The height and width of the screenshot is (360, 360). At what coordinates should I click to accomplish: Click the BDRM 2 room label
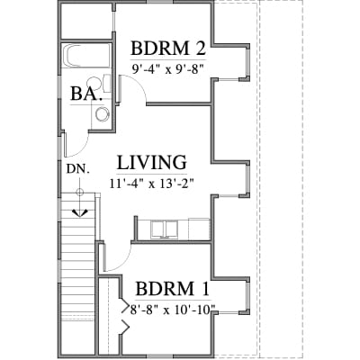click(x=168, y=49)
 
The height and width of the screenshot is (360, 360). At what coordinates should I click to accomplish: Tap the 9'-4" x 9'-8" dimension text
click(x=168, y=69)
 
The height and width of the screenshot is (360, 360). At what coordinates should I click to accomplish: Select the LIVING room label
click(x=151, y=163)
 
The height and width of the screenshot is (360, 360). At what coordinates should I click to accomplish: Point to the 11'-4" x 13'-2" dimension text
click(x=150, y=183)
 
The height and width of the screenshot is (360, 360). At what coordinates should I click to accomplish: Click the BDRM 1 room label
click(x=172, y=289)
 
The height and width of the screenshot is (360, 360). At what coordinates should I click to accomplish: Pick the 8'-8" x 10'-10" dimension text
click(x=173, y=310)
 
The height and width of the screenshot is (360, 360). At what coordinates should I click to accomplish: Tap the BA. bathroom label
click(x=85, y=94)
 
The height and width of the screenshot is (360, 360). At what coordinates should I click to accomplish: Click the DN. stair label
click(x=78, y=169)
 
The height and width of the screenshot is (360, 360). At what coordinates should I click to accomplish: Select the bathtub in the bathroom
click(x=86, y=57)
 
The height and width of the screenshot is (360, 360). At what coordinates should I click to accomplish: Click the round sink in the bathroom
click(x=102, y=114)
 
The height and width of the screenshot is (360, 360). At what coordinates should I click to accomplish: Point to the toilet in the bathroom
click(x=99, y=83)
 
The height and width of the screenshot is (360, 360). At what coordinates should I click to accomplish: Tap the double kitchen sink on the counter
click(x=164, y=229)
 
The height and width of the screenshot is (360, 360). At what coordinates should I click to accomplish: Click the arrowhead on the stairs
click(x=80, y=212)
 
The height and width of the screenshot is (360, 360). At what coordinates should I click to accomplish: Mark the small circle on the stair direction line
click(x=79, y=192)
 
